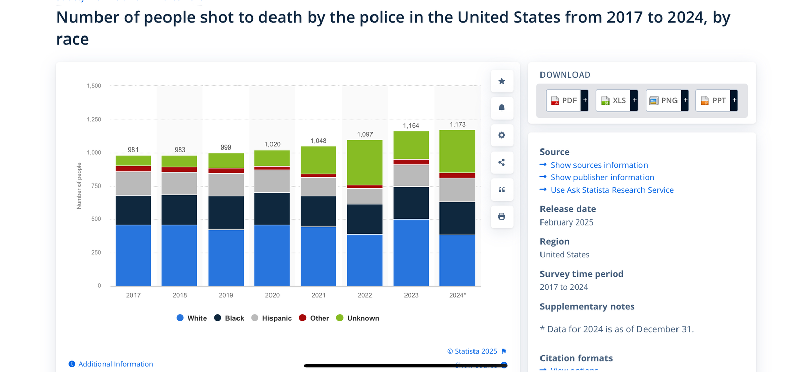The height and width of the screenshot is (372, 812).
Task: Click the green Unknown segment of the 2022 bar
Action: tap(364, 162)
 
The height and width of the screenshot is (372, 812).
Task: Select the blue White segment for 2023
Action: tap(411, 252)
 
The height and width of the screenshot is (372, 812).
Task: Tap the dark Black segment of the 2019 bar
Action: tap(226, 212)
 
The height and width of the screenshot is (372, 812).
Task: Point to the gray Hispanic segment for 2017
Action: tap(133, 183)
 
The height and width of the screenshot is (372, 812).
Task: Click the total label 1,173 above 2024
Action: tap(457, 124)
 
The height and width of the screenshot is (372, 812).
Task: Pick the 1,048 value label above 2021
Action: tap(318, 141)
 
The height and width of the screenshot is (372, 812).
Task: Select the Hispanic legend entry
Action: tap(272, 318)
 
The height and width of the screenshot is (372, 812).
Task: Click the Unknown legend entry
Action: tap(358, 318)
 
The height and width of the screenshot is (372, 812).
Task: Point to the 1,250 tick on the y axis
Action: tap(94, 120)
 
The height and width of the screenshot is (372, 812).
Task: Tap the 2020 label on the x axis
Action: tap(272, 295)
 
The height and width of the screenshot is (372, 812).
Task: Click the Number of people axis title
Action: tap(79, 186)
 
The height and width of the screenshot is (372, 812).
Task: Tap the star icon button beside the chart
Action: tap(502, 81)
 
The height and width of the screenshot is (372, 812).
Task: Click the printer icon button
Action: tap(502, 216)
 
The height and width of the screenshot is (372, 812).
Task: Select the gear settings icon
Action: tap(502, 135)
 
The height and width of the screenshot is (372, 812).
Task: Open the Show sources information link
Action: tap(599, 165)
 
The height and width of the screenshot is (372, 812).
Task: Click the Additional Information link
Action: tap(115, 364)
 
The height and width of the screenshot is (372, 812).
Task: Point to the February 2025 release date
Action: tap(566, 222)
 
